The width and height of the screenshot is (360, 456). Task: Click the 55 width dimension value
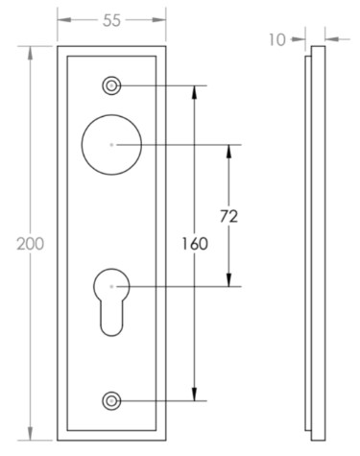[x=111, y=20]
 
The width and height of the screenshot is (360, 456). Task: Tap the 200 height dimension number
[x=31, y=244]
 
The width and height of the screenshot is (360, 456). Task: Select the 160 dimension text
[x=195, y=244]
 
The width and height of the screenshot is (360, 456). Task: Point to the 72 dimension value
[x=228, y=217]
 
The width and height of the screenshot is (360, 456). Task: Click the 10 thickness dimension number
[x=276, y=40]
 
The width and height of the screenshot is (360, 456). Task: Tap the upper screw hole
[x=111, y=85]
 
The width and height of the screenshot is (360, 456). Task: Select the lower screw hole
[x=111, y=400]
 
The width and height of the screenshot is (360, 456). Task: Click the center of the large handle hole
[x=111, y=145]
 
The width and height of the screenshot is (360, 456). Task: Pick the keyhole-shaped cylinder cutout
[x=111, y=301]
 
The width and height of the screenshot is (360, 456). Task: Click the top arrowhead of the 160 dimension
[x=194, y=93]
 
